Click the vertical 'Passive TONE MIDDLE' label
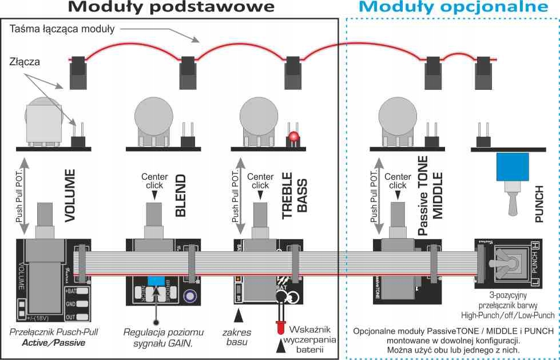431,195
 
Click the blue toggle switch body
512,167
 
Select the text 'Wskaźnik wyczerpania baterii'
316,339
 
